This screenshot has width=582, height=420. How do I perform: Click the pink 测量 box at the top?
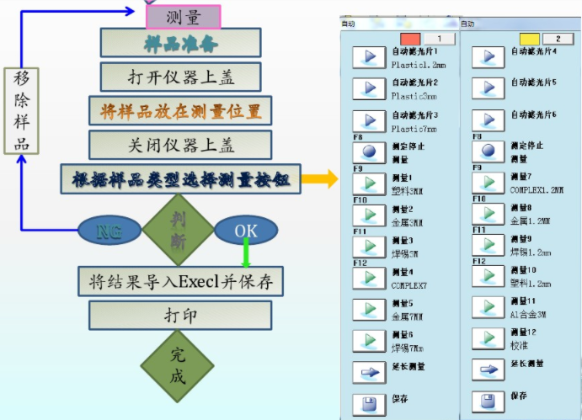183,16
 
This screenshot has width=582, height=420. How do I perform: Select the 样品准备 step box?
186,42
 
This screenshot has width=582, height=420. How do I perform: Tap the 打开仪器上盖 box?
186,77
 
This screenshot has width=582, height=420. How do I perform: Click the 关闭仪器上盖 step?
186,145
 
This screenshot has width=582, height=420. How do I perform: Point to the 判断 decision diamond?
178,229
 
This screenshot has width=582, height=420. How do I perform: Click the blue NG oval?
109,230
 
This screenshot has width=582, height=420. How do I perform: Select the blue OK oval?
245,230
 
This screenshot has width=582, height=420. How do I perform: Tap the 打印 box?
180,315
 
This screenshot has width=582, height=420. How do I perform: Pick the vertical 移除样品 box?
22,110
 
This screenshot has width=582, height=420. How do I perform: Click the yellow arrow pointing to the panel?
315,178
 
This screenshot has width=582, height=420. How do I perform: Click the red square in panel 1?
410,39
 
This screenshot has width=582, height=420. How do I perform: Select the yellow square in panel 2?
530,39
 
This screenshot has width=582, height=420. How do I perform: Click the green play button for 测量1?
368,183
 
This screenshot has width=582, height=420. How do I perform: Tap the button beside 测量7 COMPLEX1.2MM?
488,183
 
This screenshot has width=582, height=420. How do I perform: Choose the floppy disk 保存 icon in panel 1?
368,402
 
